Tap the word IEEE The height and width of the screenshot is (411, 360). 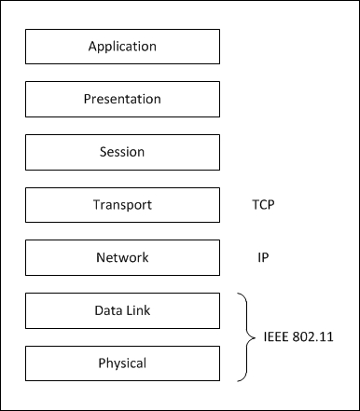pyautogui.click(x=276, y=336)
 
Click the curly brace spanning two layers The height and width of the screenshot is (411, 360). pyautogui.click(x=246, y=336)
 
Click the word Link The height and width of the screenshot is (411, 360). pyautogui.click(x=137, y=310)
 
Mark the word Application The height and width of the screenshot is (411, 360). pyautogui.click(x=122, y=46)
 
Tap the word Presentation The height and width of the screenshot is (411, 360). pyautogui.click(x=122, y=99)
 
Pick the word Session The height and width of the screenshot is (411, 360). pyautogui.click(x=122, y=152)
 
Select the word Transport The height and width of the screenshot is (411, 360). pyautogui.click(x=122, y=205)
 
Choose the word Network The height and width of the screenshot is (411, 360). pyautogui.click(x=122, y=258)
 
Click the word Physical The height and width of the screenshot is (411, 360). pyautogui.click(x=122, y=363)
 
